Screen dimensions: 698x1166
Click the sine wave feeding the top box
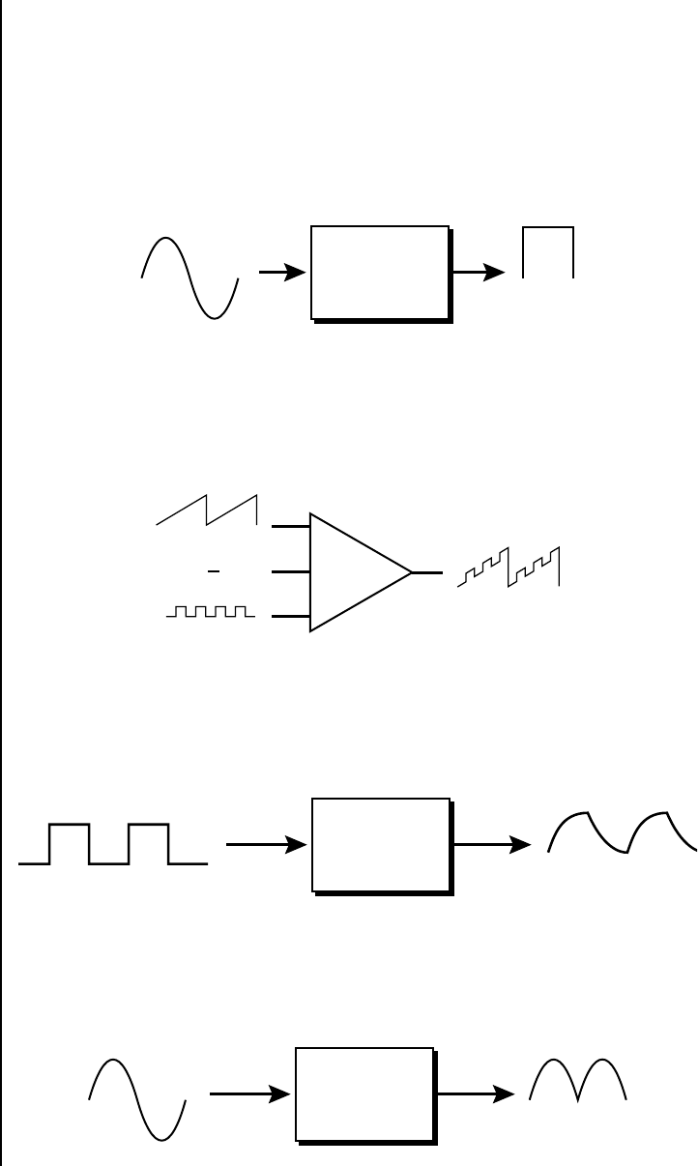click(189, 277)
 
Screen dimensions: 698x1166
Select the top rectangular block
click(380, 273)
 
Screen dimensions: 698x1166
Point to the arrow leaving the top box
click(479, 274)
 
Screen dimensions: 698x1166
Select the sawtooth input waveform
click(207, 510)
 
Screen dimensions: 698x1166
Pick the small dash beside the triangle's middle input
click(215, 572)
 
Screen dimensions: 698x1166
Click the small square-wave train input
click(210, 612)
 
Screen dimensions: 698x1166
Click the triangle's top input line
click(291, 527)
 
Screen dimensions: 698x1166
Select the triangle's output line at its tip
click(427, 572)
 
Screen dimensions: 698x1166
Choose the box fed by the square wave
click(381, 844)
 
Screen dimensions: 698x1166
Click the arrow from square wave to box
click(266, 844)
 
